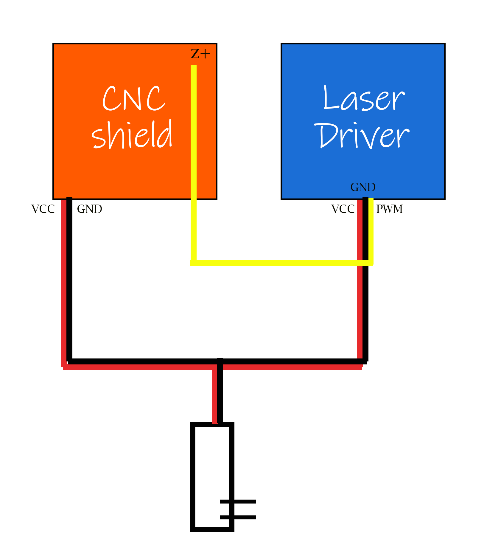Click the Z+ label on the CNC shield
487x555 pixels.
click(x=200, y=54)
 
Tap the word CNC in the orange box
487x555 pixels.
click(x=133, y=99)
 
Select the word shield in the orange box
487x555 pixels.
click(x=132, y=135)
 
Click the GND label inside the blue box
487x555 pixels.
click(x=363, y=187)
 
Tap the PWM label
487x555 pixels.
click(x=389, y=209)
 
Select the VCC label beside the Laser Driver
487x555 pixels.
click(x=343, y=209)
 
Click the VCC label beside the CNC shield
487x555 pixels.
click(x=43, y=209)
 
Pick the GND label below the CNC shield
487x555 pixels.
click(x=89, y=209)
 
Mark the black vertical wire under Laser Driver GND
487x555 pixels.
click(x=365, y=313)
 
